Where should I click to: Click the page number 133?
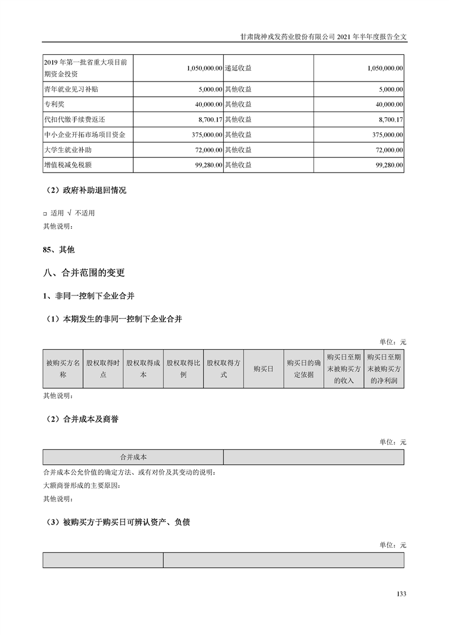point(401,594)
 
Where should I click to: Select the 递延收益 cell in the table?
point(238,67)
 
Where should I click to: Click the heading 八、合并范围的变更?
point(84,273)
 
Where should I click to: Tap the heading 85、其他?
point(59,249)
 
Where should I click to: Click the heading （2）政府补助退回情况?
point(84,190)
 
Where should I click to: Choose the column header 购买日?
point(263,368)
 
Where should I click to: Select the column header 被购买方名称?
point(63,368)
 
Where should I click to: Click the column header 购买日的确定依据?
point(303,368)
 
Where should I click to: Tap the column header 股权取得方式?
point(223,368)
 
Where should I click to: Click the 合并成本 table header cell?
point(133,457)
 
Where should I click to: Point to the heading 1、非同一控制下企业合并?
point(88,296)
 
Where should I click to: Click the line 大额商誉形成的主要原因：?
point(82,486)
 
